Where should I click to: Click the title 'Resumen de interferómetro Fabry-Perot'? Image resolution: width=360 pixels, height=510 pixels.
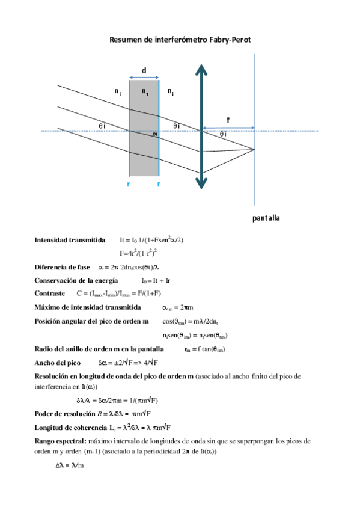click(x=180, y=40)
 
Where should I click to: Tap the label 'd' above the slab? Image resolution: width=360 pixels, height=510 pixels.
click(x=144, y=70)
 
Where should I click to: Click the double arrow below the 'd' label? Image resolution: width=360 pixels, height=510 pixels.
click(x=144, y=78)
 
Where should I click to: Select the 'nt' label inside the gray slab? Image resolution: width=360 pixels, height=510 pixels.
click(x=145, y=91)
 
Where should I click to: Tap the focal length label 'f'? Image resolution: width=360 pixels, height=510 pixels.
click(x=228, y=118)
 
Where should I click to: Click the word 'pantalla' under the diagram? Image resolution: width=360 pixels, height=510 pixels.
click(x=266, y=217)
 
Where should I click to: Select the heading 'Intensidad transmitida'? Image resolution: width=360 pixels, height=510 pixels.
click(x=70, y=239)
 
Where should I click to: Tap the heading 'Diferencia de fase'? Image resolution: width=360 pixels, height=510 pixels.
click(x=62, y=267)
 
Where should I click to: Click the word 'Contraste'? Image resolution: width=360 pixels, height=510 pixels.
click(x=50, y=293)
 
